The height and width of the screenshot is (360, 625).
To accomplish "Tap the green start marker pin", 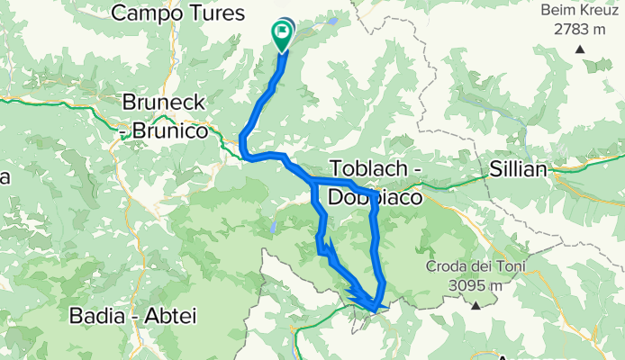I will [282, 34].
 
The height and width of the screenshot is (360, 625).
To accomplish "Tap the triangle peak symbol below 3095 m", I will [475, 305].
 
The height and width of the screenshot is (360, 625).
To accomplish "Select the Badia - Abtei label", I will [133, 317].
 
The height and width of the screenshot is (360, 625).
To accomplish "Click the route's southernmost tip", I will [375, 309].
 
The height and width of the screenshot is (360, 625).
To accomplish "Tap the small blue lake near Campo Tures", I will [333, 20].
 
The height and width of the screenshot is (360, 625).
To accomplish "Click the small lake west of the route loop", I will [271, 228].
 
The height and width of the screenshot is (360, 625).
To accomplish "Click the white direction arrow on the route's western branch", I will [326, 244].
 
